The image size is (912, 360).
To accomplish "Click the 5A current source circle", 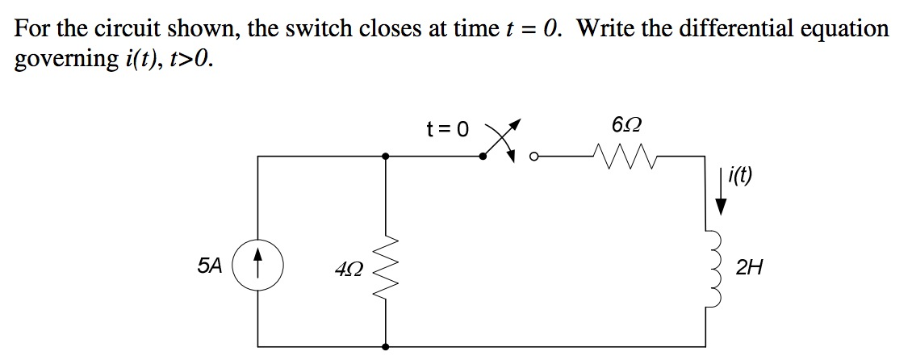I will click(257, 267).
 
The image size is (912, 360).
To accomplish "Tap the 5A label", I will click(208, 266).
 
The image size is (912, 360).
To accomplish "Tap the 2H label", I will click(749, 267).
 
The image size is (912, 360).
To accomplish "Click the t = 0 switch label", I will click(447, 128).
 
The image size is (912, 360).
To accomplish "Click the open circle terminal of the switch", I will click(533, 157).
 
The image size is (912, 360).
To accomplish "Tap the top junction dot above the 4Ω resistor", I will click(386, 157).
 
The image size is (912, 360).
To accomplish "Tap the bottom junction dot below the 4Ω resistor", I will click(386, 346).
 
